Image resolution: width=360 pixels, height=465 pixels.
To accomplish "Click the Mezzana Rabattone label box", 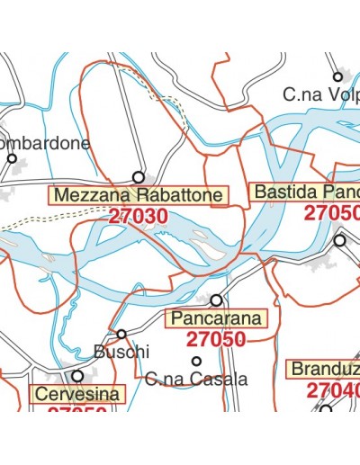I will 137,195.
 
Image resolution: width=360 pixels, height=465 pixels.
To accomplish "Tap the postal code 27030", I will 137,216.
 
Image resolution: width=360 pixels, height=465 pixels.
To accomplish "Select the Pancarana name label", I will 216,318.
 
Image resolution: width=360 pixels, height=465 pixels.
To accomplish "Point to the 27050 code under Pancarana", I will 216,339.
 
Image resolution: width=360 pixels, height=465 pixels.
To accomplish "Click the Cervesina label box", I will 77,394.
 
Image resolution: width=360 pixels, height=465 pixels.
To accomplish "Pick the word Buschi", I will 121,352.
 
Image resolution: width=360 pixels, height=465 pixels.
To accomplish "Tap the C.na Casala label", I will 195,380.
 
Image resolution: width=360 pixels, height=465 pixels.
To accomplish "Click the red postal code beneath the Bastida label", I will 331,213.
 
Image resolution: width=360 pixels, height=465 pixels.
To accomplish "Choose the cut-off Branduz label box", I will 323,370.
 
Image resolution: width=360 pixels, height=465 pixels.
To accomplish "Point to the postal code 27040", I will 332,390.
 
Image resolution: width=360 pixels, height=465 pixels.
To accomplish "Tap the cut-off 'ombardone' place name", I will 46,143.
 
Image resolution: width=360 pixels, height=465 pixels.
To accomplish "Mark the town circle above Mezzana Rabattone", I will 139,177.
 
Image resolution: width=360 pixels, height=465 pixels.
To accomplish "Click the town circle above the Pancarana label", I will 216,300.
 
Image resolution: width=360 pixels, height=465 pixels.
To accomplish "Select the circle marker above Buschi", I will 121,335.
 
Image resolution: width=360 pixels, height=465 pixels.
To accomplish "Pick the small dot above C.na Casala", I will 196,361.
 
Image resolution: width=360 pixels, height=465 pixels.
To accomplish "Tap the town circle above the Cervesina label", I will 77,376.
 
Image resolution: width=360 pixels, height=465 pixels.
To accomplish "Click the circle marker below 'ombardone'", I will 13,159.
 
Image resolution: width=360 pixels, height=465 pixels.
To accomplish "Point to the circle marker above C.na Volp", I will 337,77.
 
